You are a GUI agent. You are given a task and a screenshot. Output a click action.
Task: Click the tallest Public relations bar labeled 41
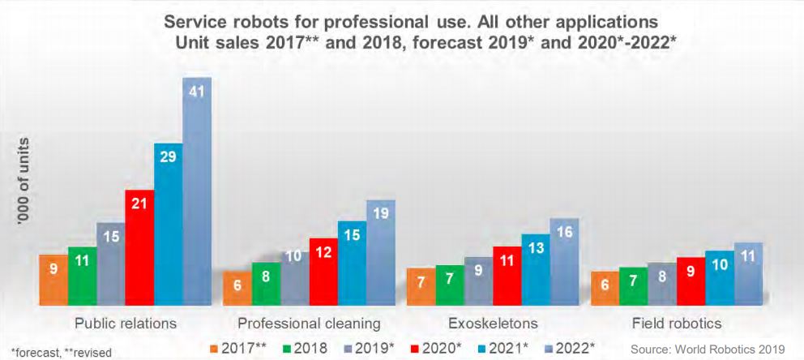tap(197, 191)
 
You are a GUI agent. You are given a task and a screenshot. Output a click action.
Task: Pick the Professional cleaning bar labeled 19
tap(381, 252)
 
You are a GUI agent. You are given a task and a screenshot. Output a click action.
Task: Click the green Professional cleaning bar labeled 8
tap(266, 284)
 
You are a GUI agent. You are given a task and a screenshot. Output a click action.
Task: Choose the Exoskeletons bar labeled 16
tap(565, 262)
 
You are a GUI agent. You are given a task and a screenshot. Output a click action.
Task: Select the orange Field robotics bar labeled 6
tap(605, 289)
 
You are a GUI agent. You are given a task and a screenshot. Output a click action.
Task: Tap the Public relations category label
tap(126, 324)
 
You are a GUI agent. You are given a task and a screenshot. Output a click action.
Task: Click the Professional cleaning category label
tap(309, 324)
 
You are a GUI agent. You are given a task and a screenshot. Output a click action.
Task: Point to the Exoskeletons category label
tap(492, 324)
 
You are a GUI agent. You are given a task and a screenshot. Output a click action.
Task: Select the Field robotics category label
tap(677, 324)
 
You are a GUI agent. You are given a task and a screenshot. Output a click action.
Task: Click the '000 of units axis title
tap(24, 187)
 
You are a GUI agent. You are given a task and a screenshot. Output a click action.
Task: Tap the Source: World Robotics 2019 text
tap(708, 349)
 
